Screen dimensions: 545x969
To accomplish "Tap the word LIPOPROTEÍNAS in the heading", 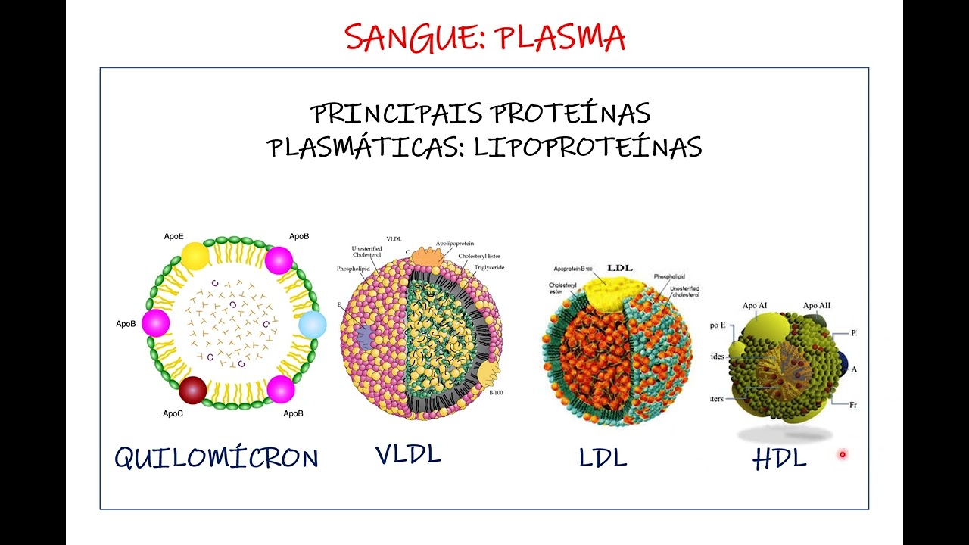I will [x=588, y=147].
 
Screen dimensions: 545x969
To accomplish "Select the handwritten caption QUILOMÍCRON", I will [x=217, y=457].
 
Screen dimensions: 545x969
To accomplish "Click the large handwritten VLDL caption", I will [x=408, y=454].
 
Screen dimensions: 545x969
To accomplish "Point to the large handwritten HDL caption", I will [x=780, y=459].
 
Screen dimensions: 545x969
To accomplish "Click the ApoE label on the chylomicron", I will [x=173, y=236].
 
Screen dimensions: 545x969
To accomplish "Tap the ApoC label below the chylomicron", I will [x=173, y=413].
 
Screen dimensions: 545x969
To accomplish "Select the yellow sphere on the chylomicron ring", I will [x=195, y=256].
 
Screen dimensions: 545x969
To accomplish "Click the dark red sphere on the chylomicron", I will [x=192, y=390].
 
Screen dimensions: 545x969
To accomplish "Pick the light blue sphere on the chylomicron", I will [x=312, y=325].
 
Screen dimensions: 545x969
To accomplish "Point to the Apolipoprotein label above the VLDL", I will [x=454, y=244].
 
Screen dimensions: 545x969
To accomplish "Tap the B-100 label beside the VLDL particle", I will [x=496, y=393].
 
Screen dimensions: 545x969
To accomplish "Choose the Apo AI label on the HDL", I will [x=755, y=306].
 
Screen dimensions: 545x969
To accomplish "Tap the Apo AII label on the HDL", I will [x=817, y=306].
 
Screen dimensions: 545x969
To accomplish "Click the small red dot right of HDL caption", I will [x=842, y=454].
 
